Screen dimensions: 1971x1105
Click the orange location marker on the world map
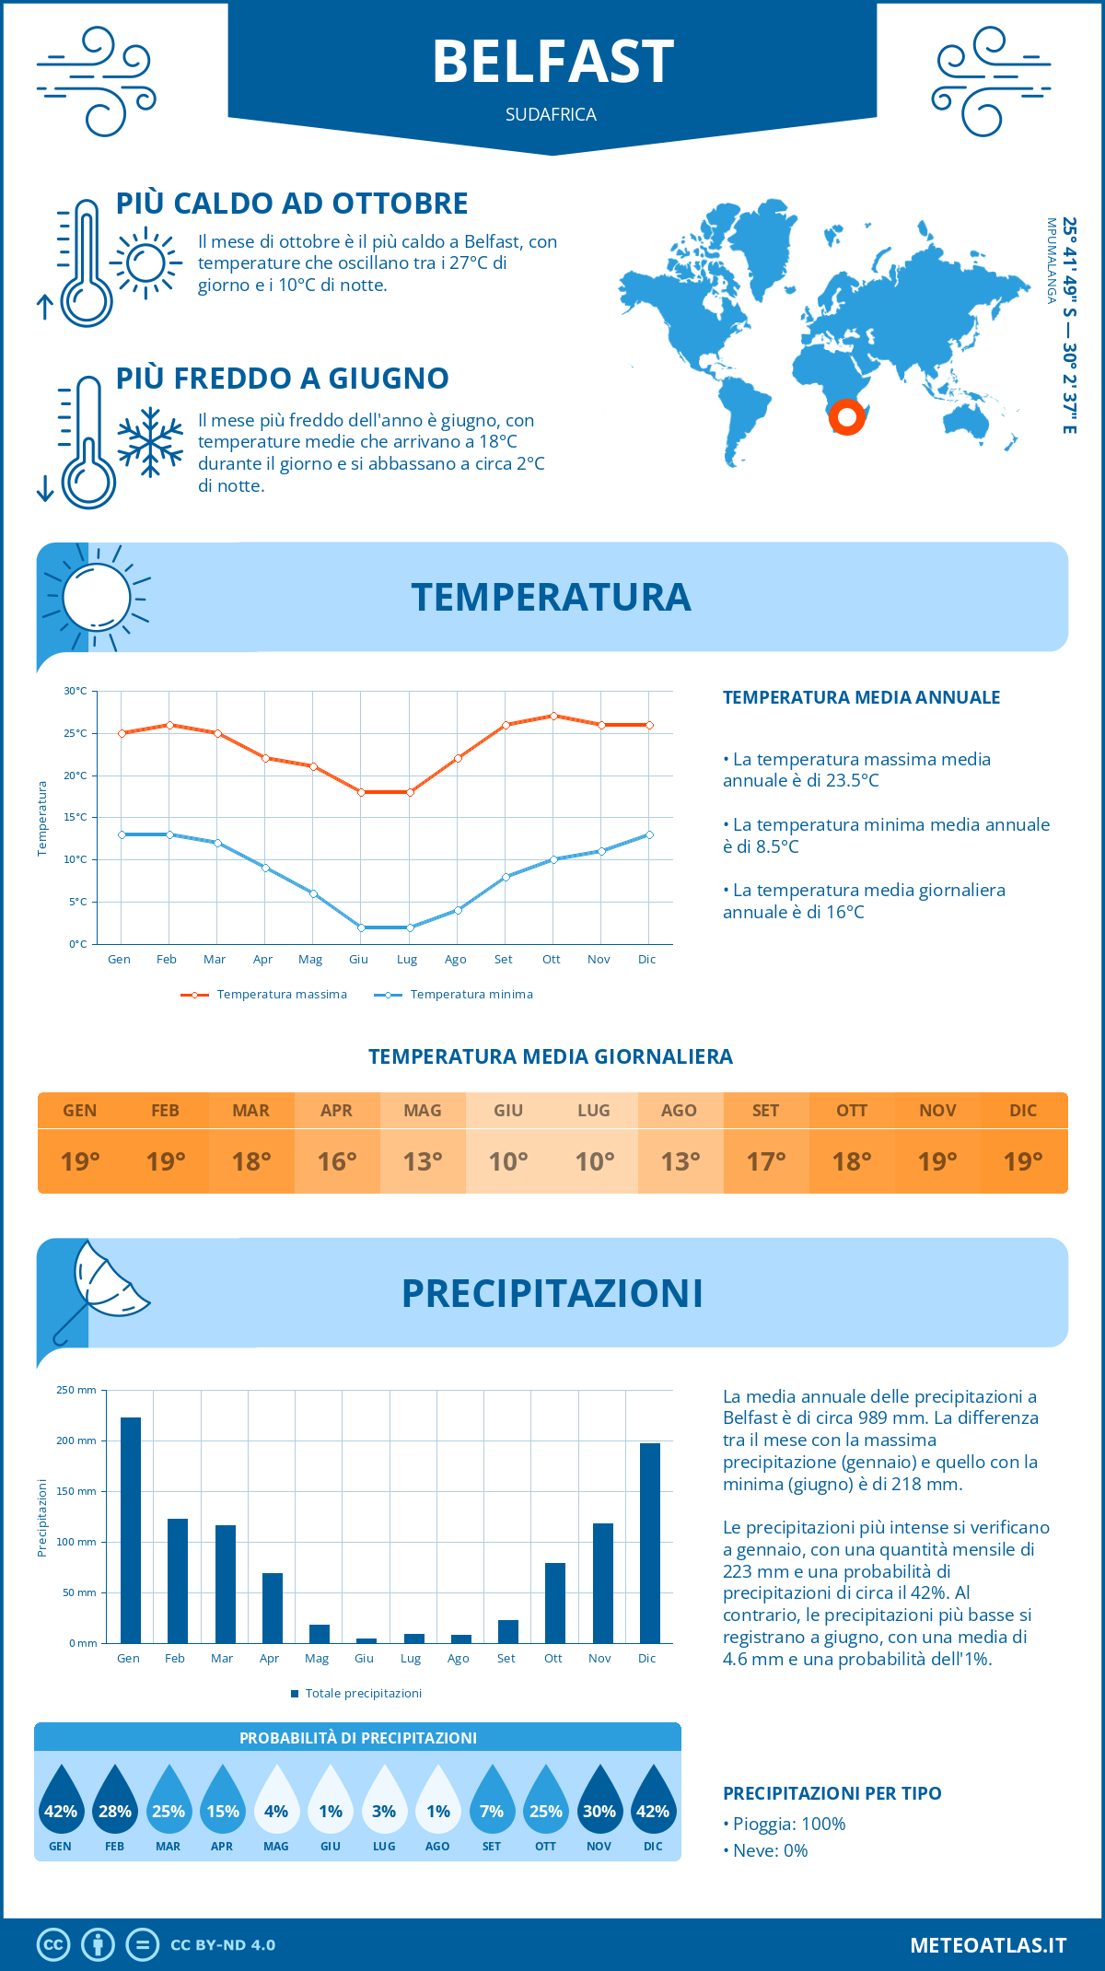(846, 416)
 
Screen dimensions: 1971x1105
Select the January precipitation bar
(131, 1529)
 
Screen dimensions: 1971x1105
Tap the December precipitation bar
(650, 1542)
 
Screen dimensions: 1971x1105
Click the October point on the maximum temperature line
(553, 716)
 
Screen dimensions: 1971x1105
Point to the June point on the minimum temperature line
(361, 927)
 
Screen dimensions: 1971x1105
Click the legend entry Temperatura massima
(265, 995)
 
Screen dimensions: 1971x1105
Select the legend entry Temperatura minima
(454, 995)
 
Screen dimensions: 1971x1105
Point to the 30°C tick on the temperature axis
(76, 691)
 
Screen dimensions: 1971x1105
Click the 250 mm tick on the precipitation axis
(76, 1390)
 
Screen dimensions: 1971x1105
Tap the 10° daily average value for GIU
(508, 1161)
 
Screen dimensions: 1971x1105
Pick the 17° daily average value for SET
(766, 1161)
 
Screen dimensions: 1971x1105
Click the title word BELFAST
(552, 63)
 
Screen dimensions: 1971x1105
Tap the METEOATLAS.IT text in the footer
(988, 1945)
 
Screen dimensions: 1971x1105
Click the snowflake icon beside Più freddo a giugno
(150, 442)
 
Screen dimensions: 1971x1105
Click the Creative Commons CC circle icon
(53, 1945)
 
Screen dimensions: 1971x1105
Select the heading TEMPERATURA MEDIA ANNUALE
(861, 697)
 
